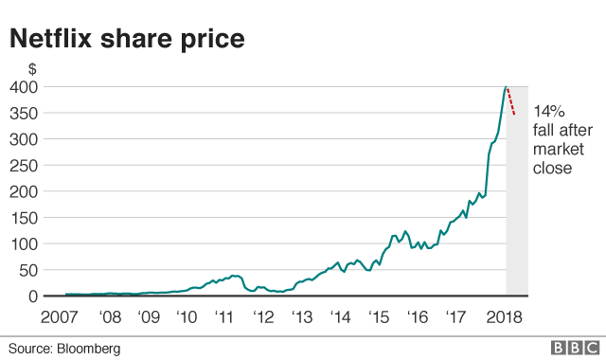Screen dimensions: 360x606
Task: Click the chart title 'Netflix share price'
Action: [128, 39]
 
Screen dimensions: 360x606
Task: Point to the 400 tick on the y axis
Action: [25, 87]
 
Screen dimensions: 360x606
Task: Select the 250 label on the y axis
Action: [25, 166]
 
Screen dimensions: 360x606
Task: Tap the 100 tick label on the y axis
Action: [25, 243]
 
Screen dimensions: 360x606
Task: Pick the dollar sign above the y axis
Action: [32, 69]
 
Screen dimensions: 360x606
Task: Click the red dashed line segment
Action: [511, 100]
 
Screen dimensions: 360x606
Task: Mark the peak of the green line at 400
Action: [506, 86]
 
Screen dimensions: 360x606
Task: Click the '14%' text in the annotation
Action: [547, 111]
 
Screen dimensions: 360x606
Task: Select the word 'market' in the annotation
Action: [557, 150]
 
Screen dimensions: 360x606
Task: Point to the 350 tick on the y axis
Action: [25, 114]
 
